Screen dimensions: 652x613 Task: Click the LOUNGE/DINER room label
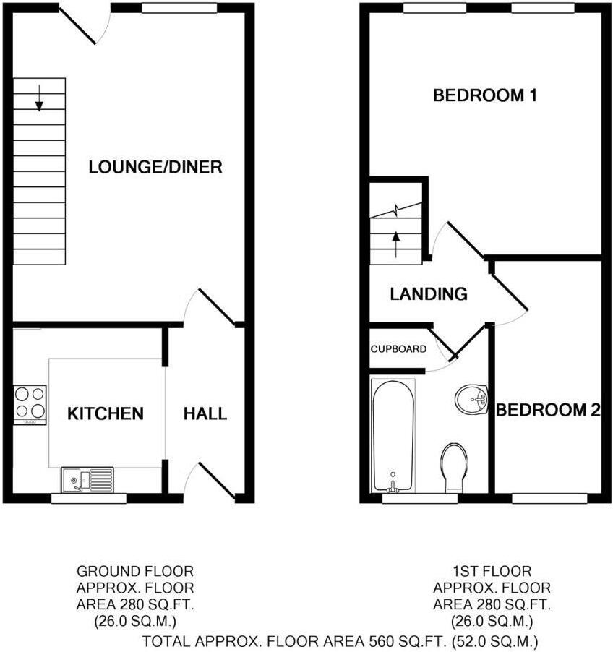pos(155,167)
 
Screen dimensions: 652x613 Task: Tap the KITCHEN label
pos(106,414)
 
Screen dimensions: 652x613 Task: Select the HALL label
pos(205,414)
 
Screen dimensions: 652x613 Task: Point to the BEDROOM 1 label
pos(484,95)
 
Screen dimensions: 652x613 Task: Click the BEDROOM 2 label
pos(549,411)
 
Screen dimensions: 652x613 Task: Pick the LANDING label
pos(429,294)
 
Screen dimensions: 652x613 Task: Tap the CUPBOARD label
pos(398,349)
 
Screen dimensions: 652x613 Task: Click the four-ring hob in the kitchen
pos(30,403)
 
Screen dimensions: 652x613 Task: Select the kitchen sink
pos(87,479)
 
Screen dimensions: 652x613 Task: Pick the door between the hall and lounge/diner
pos(215,306)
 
